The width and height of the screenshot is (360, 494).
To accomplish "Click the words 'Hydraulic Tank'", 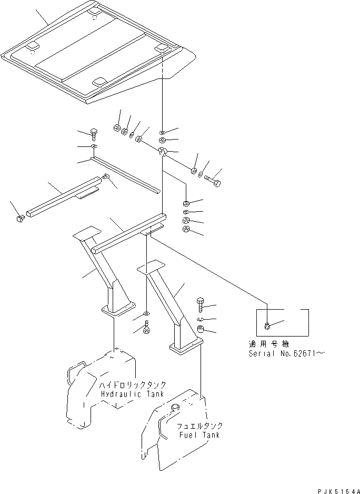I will (131, 394).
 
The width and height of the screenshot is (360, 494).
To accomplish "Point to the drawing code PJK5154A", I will (338, 490).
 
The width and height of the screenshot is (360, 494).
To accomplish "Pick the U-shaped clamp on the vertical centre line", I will (163, 153).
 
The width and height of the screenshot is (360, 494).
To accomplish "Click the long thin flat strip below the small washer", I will (126, 173).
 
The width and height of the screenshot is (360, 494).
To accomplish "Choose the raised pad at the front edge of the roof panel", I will (98, 82).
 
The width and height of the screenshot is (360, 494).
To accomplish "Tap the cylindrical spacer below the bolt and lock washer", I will (201, 330).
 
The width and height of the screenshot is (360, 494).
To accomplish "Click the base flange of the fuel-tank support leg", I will (186, 345).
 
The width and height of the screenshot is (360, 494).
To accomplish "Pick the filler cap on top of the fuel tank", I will (175, 408).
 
